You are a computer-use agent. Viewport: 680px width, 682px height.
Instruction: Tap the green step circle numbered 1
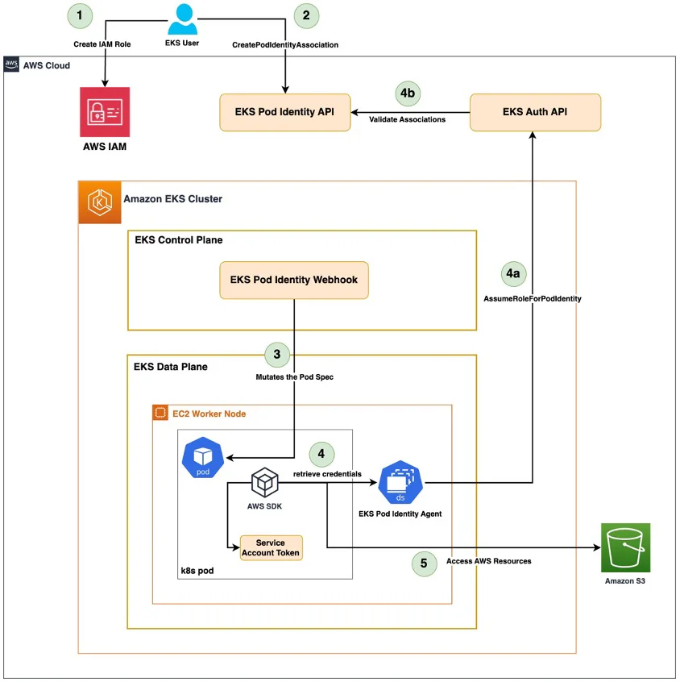pyautogui.click(x=79, y=15)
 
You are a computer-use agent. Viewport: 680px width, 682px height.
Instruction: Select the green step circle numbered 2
pyautogui.click(x=305, y=15)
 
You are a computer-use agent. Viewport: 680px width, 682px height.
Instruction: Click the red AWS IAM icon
pyautogui.click(x=105, y=112)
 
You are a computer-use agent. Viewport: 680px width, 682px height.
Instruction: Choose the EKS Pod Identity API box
pyautogui.click(x=285, y=112)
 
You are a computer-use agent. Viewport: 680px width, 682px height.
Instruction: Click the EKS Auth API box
pyautogui.click(x=535, y=112)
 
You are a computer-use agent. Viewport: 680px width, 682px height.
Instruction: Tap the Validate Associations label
pyautogui.click(x=408, y=120)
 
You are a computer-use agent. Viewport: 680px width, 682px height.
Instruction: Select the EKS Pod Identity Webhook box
pyautogui.click(x=294, y=281)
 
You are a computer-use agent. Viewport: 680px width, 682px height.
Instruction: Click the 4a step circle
pyautogui.click(x=513, y=274)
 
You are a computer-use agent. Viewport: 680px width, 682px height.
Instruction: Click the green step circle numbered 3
pyautogui.click(x=277, y=354)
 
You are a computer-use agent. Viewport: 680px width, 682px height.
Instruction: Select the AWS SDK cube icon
pyautogui.click(x=264, y=483)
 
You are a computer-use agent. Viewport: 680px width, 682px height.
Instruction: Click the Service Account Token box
pyautogui.click(x=271, y=547)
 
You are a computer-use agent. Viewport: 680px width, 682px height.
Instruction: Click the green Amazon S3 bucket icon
pyautogui.click(x=625, y=548)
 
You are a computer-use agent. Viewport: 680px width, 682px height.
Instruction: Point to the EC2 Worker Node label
pyautogui.click(x=209, y=414)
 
